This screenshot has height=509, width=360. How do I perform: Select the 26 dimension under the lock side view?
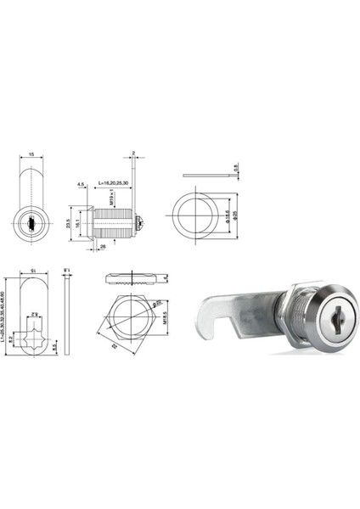coord(103,246)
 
